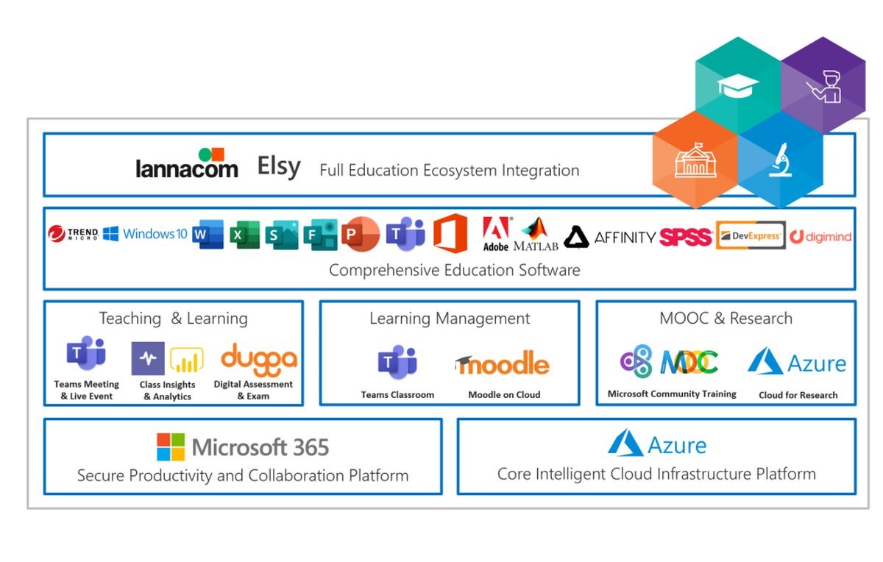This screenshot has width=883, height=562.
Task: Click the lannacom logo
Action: [187, 164]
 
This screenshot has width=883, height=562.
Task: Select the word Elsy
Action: [279, 166]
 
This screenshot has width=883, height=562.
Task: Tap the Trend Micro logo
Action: [73, 234]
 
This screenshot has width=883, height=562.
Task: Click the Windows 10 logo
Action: [145, 234]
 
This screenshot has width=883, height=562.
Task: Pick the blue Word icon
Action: [208, 235]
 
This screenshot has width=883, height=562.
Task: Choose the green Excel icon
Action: [244, 235]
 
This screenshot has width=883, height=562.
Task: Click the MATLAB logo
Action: [536, 235]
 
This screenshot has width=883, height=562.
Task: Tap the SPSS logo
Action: [686, 237]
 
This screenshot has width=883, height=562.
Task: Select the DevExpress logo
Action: [751, 235]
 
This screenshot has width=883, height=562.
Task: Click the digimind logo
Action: [820, 237]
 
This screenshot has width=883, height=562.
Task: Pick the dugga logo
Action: [259, 358]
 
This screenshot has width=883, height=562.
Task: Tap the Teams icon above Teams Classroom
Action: [397, 362]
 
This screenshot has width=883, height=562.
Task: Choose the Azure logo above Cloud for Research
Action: [797, 362]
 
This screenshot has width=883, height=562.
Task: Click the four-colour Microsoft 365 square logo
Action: [171, 447]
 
